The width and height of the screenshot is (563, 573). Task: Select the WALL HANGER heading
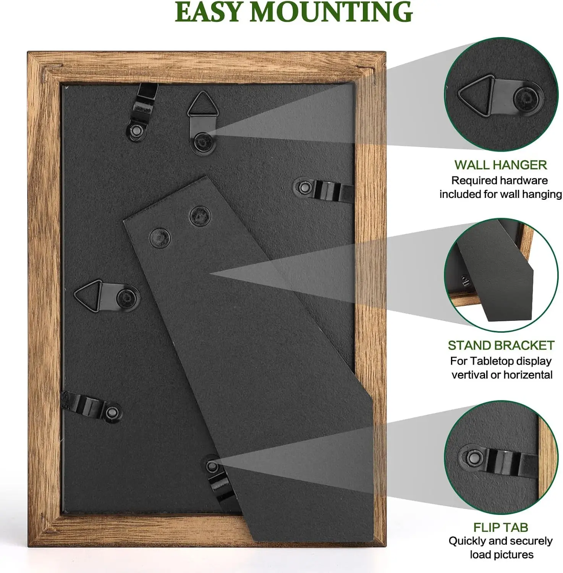click(x=501, y=165)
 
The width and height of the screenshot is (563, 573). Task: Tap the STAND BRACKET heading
click(x=501, y=345)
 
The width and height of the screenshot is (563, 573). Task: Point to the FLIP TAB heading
click(x=501, y=528)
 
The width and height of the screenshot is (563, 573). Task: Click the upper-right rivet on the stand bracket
click(x=200, y=215)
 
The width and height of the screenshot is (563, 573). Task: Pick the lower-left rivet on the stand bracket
click(x=160, y=238)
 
